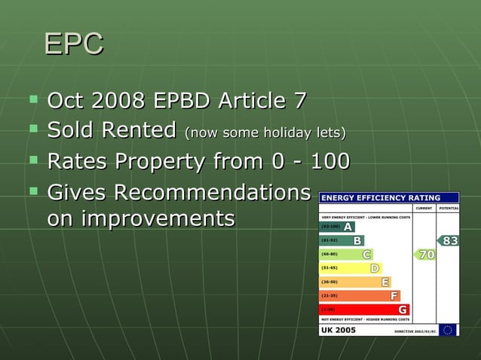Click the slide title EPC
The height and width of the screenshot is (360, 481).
pos(73,44)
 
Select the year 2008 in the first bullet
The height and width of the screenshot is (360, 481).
pos(125,100)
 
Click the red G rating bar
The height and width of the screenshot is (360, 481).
pos(365,310)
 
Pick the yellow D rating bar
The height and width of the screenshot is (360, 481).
pos(351,268)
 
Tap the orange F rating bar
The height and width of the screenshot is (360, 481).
pos(360,296)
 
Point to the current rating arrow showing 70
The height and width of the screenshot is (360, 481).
pos(424,255)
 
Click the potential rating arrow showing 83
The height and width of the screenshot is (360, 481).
pos(449,241)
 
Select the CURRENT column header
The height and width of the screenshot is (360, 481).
pos(424,208)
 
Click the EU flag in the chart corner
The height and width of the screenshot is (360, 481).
pos(449,330)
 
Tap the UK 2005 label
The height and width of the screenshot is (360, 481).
pos(339,330)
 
